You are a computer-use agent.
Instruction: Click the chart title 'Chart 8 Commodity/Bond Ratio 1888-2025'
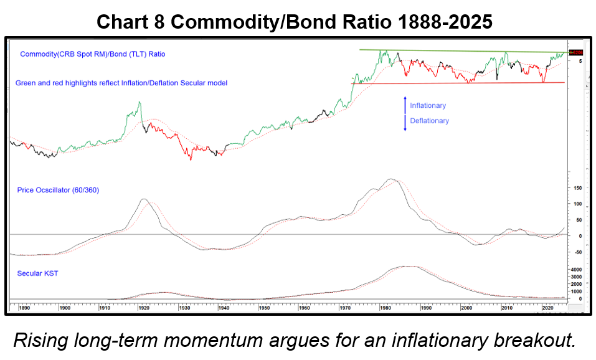click(x=295, y=22)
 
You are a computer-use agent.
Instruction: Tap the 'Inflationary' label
click(x=428, y=106)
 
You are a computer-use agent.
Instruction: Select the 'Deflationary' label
click(x=429, y=121)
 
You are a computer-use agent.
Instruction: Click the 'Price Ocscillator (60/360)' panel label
click(x=58, y=190)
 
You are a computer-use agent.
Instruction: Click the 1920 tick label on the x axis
click(x=143, y=308)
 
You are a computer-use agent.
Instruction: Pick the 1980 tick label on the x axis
click(x=386, y=308)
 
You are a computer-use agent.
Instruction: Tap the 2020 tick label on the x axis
click(x=548, y=308)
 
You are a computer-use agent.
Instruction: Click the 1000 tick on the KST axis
click(x=576, y=291)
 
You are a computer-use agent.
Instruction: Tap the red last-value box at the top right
click(x=577, y=52)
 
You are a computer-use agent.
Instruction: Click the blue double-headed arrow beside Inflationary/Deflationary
click(x=405, y=113)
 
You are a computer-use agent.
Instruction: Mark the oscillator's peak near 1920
click(x=144, y=199)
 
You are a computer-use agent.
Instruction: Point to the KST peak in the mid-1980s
click(x=408, y=267)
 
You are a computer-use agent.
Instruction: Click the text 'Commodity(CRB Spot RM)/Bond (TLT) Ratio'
click(x=93, y=54)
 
